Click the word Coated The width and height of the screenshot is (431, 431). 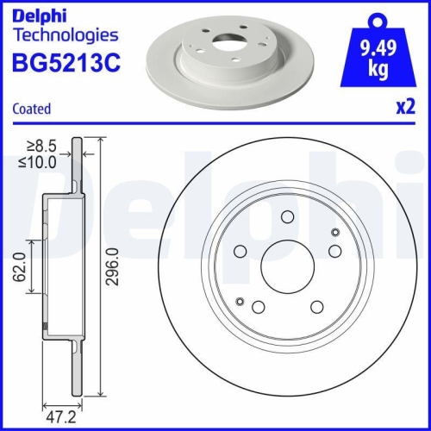(33, 109)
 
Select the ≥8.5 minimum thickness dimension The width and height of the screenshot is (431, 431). (38, 146)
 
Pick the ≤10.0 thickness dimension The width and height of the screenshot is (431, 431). (36, 161)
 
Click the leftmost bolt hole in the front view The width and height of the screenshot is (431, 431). (240, 251)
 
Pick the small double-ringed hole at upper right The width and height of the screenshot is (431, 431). (335, 232)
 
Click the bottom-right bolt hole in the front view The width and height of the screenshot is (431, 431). (316, 308)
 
